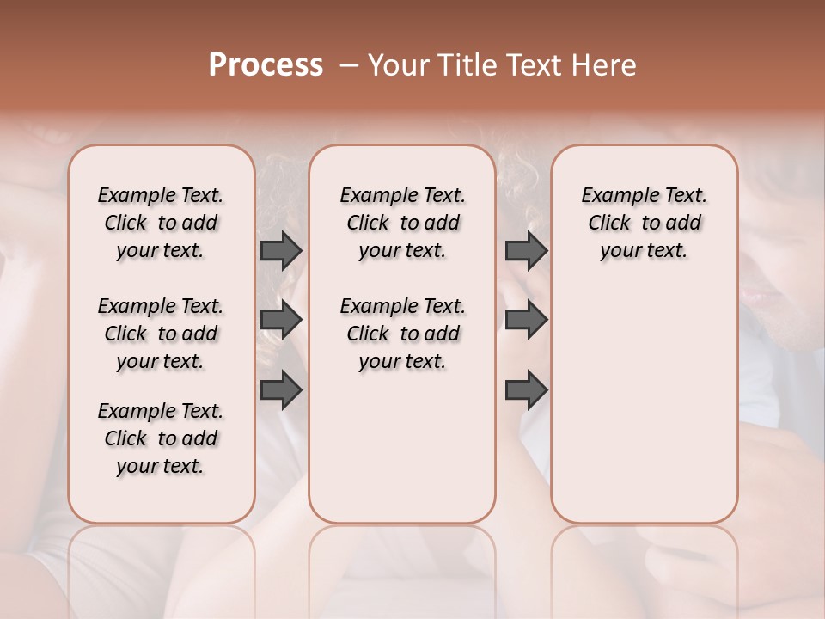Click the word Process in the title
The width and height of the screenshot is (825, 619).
click(x=266, y=65)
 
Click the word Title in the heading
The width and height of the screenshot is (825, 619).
click(x=461, y=65)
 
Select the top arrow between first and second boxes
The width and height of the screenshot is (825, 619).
click(x=281, y=251)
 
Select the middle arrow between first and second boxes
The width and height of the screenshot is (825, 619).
click(x=281, y=320)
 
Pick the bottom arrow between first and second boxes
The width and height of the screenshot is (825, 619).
click(x=281, y=390)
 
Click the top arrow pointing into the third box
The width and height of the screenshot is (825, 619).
click(x=526, y=251)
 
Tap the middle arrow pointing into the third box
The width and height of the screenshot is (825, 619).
click(x=526, y=320)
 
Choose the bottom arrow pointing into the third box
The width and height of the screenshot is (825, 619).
click(x=526, y=390)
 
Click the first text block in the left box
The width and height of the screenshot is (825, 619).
click(x=161, y=223)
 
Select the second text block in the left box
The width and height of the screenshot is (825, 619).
click(x=161, y=334)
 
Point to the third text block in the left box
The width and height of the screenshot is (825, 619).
click(x=161, y=438)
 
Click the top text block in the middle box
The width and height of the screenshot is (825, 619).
click(x=402, y=223)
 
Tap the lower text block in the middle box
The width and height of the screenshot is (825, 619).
click(x=402, y=334)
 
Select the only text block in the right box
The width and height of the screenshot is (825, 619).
click(x=644, y=223)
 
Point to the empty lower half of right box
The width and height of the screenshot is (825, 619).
click(x=644, y=404)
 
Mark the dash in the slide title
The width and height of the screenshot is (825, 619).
click(x=348, y=65)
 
